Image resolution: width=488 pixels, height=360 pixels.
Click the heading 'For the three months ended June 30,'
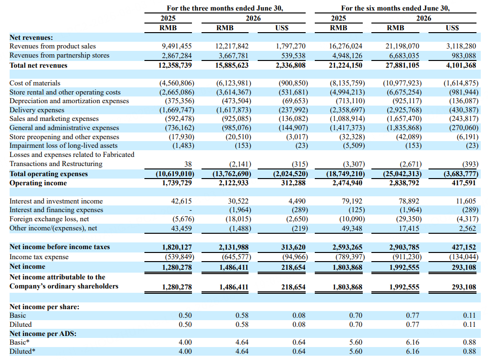[225, 8]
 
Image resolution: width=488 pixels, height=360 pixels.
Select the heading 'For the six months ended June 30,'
[395, 8]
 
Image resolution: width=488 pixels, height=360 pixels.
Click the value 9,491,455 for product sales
[177, 46]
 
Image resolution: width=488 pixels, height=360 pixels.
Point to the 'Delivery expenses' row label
[37, 110]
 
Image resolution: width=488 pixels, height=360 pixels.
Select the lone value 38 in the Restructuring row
[188, 164]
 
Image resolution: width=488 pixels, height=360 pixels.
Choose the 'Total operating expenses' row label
[48, 174]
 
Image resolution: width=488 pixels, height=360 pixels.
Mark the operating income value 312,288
[293, 183]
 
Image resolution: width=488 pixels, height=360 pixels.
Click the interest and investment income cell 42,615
[181, 201]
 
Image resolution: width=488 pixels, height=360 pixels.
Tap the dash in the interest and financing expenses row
[190, 210]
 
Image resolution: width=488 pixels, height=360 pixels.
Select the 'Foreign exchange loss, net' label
[49, 219]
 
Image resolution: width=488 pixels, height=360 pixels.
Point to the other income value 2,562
[467, 228]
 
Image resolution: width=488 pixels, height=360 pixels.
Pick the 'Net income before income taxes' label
[60, 247]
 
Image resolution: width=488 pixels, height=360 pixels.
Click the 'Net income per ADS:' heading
[43, 334]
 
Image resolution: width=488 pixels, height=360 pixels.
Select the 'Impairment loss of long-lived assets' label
[63, 145]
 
